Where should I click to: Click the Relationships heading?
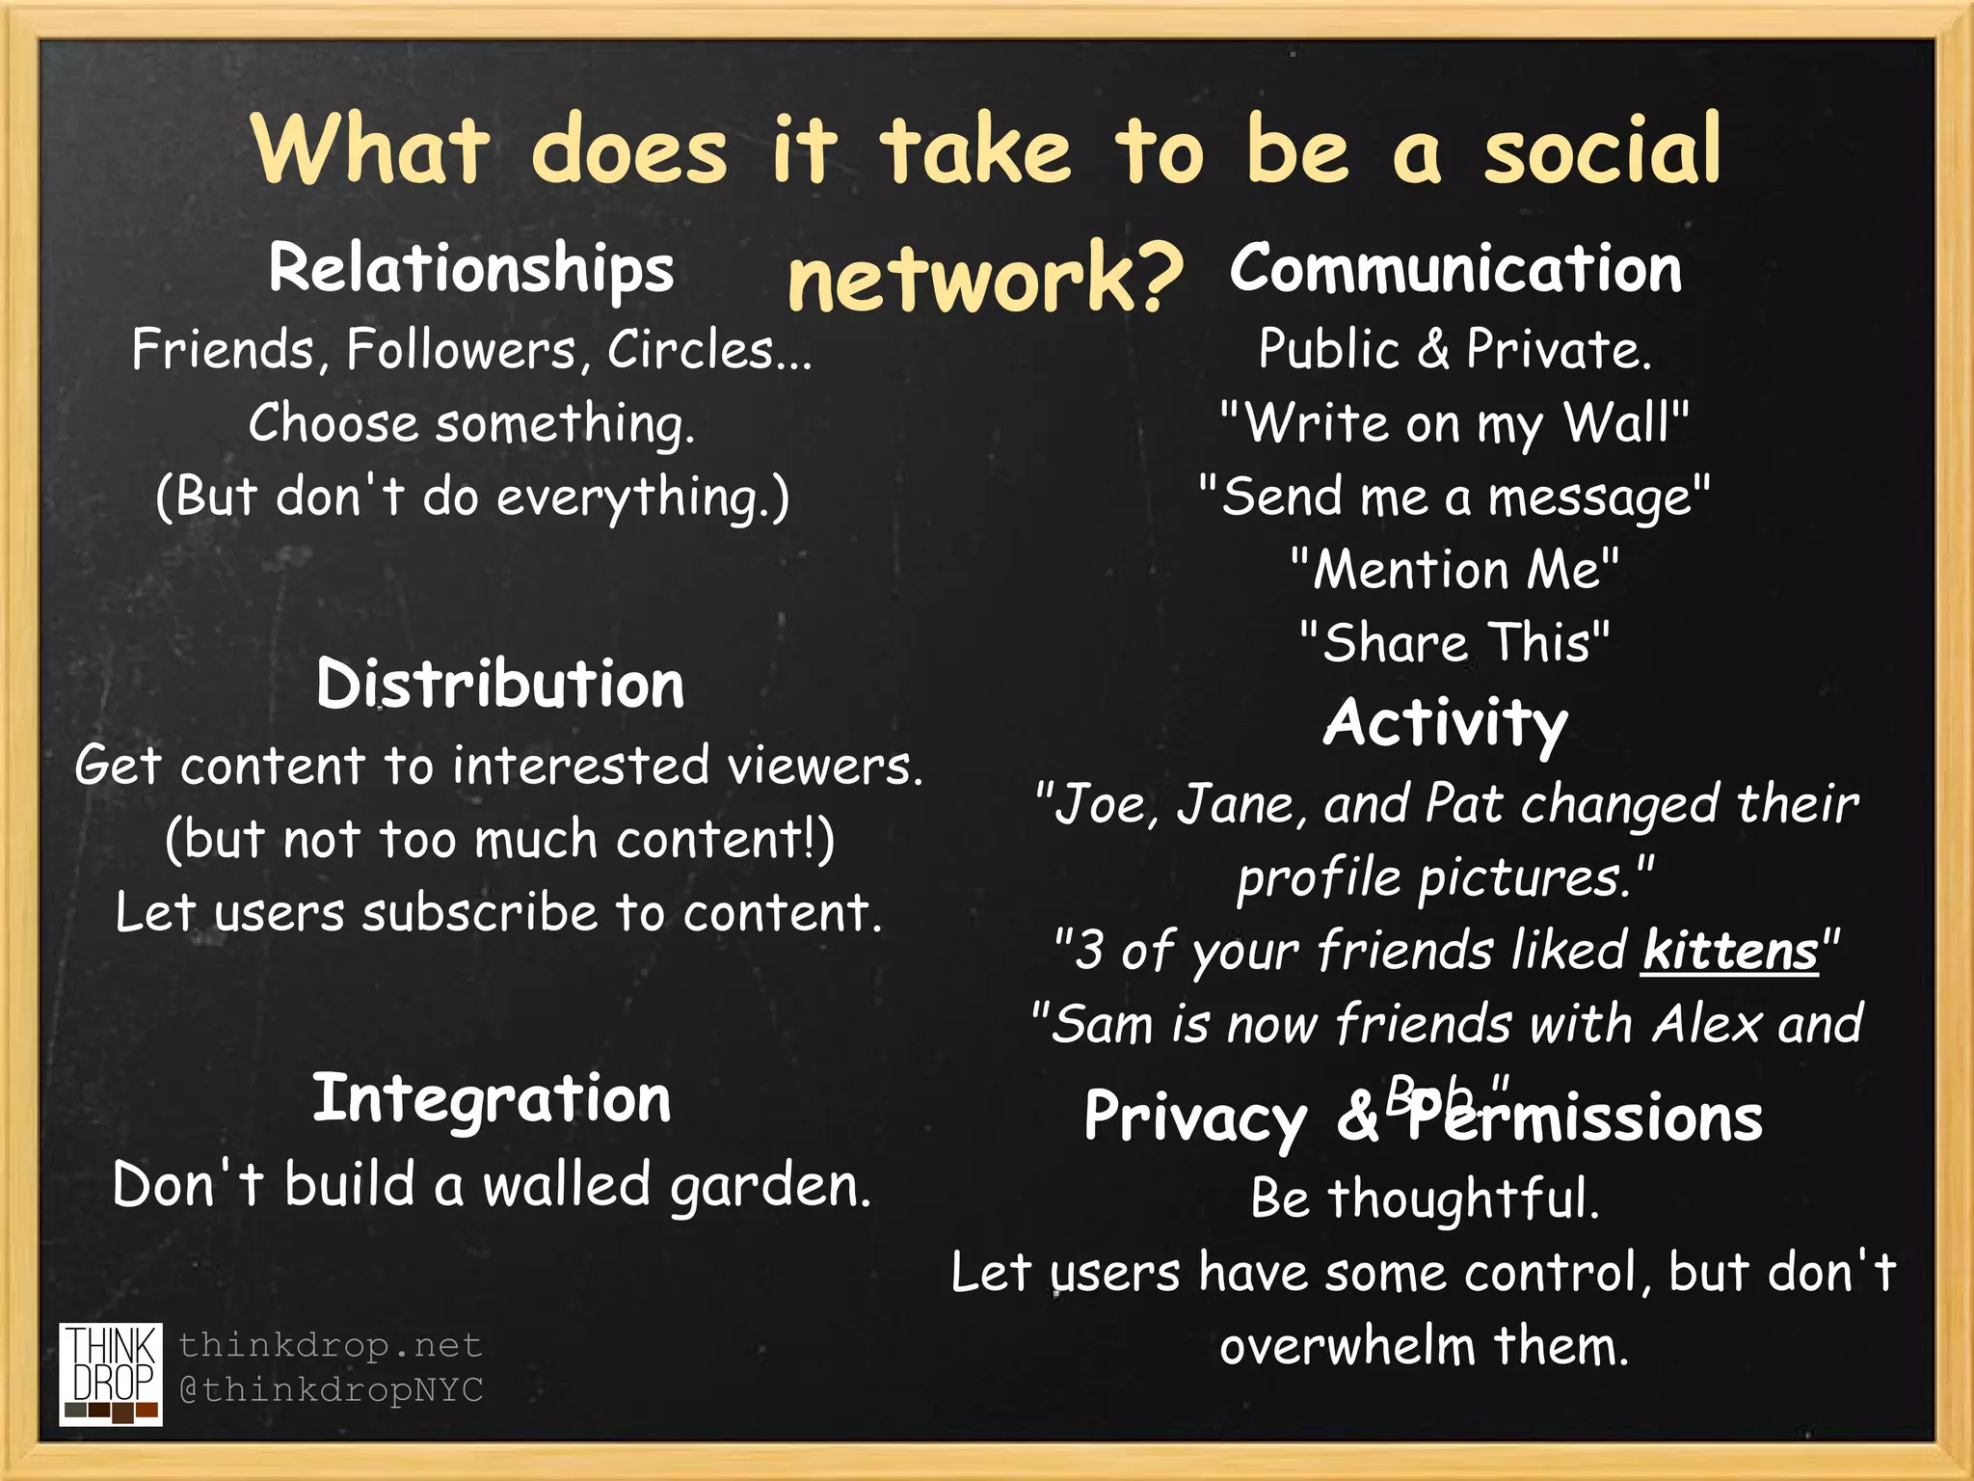471,269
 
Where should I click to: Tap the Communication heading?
1455,269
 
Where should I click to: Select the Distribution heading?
500,685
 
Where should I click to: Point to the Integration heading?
492,1099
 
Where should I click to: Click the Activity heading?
1446,723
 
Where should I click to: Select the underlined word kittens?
1730,951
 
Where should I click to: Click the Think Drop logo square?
111,1374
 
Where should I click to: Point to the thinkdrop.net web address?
330,1345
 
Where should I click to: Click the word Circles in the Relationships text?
691,349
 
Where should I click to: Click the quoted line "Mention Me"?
1455,569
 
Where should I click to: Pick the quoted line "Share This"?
1455,642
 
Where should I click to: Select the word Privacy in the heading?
1195,1118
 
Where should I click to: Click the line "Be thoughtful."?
1425,1198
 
